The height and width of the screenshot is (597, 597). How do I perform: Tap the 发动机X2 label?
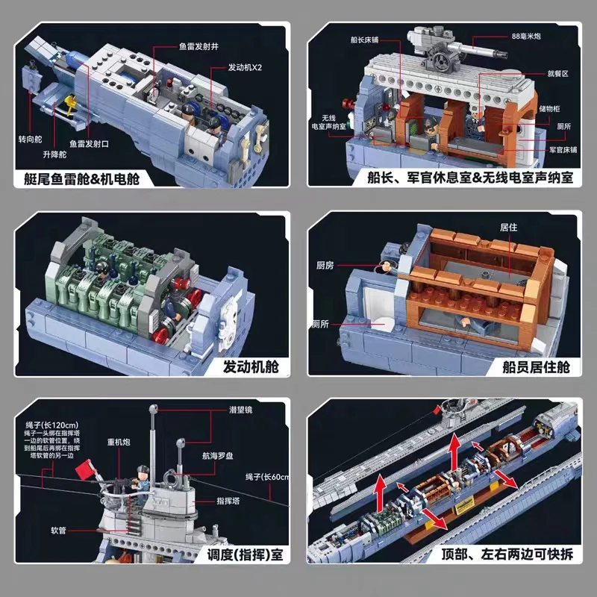coord(246,67)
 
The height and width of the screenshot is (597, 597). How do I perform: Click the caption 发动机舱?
coord(249,366)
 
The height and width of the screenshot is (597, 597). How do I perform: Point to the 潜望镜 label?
coord(243,410)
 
